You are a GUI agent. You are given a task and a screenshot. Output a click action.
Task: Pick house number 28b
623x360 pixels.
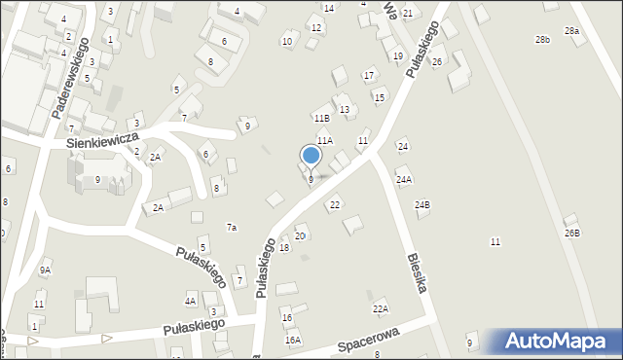click(542, 40)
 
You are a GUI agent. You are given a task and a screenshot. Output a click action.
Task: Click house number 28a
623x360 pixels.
click(572, 31)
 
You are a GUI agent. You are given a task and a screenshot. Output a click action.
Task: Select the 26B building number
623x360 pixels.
click(571, 234)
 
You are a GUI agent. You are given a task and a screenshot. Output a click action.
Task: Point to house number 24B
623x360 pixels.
click(421, 205)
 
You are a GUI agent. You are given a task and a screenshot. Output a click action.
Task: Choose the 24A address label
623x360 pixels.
click(403, 180)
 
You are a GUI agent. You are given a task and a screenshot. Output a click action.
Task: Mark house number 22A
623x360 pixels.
click(381, 309)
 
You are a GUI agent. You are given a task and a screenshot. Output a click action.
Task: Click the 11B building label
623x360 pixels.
click(321, 118)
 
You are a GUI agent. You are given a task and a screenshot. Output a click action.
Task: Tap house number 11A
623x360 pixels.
click(324, 141)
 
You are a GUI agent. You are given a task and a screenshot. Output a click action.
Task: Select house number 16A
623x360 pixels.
click(292, 340)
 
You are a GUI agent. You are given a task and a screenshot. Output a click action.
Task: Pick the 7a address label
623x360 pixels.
click(232, 228)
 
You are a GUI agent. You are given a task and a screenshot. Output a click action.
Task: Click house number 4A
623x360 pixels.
click(191, 302)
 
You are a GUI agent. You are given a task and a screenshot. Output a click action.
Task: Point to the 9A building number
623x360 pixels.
click(45, 270)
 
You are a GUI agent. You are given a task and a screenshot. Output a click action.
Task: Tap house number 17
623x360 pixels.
click(369, 75)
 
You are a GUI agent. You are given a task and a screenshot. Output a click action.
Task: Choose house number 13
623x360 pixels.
click(344, 110)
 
